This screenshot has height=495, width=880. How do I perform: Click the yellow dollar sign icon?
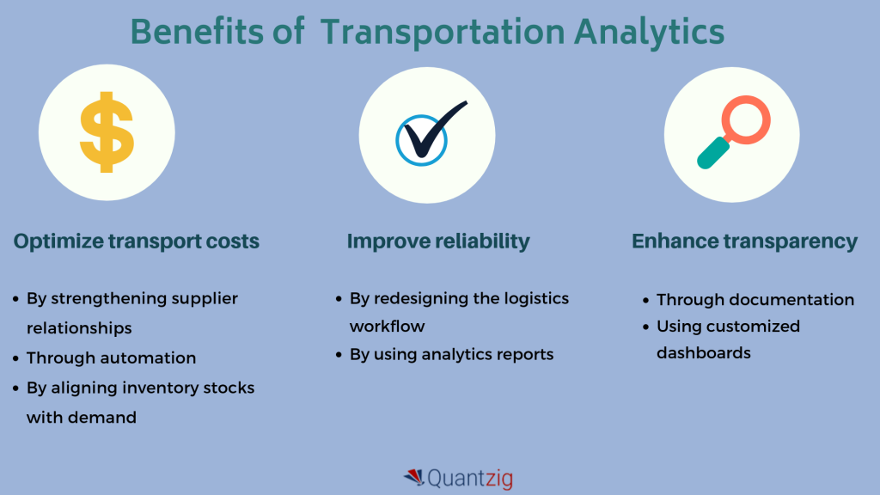coord(107,131)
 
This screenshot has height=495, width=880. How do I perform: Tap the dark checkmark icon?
coord(433,131)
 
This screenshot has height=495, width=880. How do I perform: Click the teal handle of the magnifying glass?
coord(712,153)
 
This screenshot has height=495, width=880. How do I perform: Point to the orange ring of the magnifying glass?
coord(747,119)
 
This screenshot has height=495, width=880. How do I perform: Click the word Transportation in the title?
coord(443,32)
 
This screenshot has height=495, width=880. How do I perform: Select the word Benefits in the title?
coord(197,32)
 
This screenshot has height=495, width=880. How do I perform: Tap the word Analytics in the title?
coord(649,33)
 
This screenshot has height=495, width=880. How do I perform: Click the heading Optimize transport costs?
coord(137,241)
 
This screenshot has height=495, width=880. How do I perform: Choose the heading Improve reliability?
coord(438,241)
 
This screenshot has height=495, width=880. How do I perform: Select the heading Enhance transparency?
coord(745,241)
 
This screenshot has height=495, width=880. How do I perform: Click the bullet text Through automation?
coord(111,358)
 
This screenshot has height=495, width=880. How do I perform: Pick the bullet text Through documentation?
coord(755,300)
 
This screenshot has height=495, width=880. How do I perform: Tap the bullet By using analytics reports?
coord(451,355)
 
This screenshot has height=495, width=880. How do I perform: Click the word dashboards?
coord(704,353)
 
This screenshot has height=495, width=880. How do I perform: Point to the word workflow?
coord(388,326)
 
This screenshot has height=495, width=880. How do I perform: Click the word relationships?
coord(79,328)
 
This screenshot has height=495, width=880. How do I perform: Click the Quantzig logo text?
coord(470,479)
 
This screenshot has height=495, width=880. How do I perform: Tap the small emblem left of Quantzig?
coord(414,477)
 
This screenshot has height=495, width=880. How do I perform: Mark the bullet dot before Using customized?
coord(646,327)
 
